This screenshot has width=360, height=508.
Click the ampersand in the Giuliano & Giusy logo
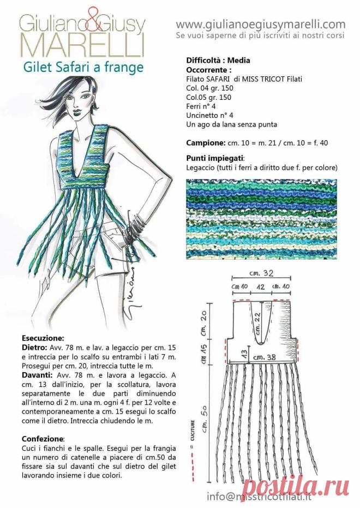88,24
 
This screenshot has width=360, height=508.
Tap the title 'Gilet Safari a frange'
83,67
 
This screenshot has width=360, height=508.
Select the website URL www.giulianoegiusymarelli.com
261,24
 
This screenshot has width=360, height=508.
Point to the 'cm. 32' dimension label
260,273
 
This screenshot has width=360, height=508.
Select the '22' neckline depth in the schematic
258,318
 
